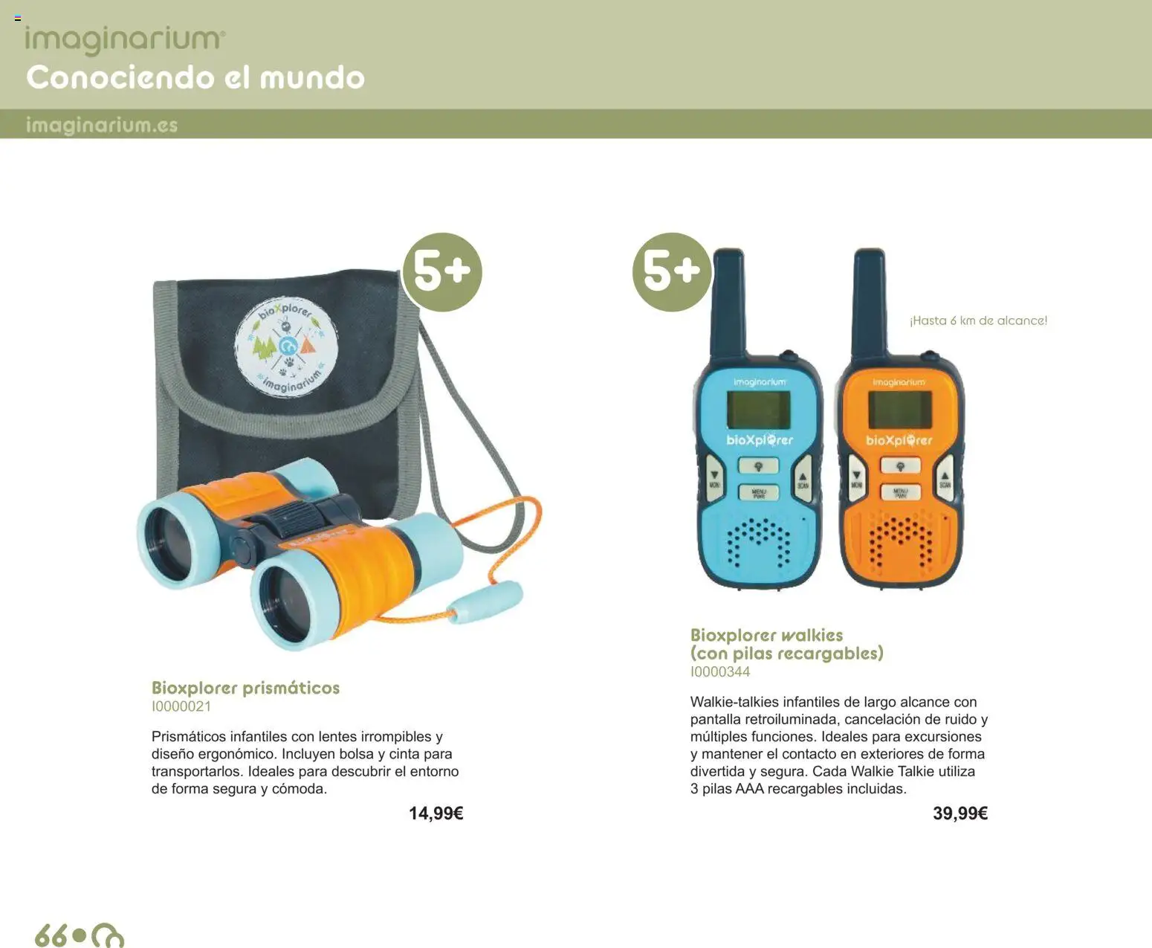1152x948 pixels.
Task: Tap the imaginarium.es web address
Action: pos(102,125)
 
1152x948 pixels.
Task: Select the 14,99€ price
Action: pos(436,813)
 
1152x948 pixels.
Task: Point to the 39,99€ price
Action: pos(960,813)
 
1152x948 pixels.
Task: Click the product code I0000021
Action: pos(181,706)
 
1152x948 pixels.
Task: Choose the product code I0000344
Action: pos(720,671)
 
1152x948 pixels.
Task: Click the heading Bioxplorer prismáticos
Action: pos(245,688)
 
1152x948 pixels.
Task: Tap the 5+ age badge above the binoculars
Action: pos(442,271)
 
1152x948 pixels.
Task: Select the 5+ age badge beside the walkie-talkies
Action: pos(672,271)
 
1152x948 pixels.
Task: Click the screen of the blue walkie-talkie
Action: pos(758,410)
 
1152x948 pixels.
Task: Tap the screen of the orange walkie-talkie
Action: pos(899,410)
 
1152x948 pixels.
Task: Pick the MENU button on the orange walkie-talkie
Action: pos(900,492)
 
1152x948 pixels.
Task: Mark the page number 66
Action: pos(51,934)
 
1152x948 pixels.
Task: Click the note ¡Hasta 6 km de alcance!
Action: pos(978,320)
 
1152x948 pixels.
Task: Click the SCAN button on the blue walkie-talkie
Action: pos(803,480)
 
